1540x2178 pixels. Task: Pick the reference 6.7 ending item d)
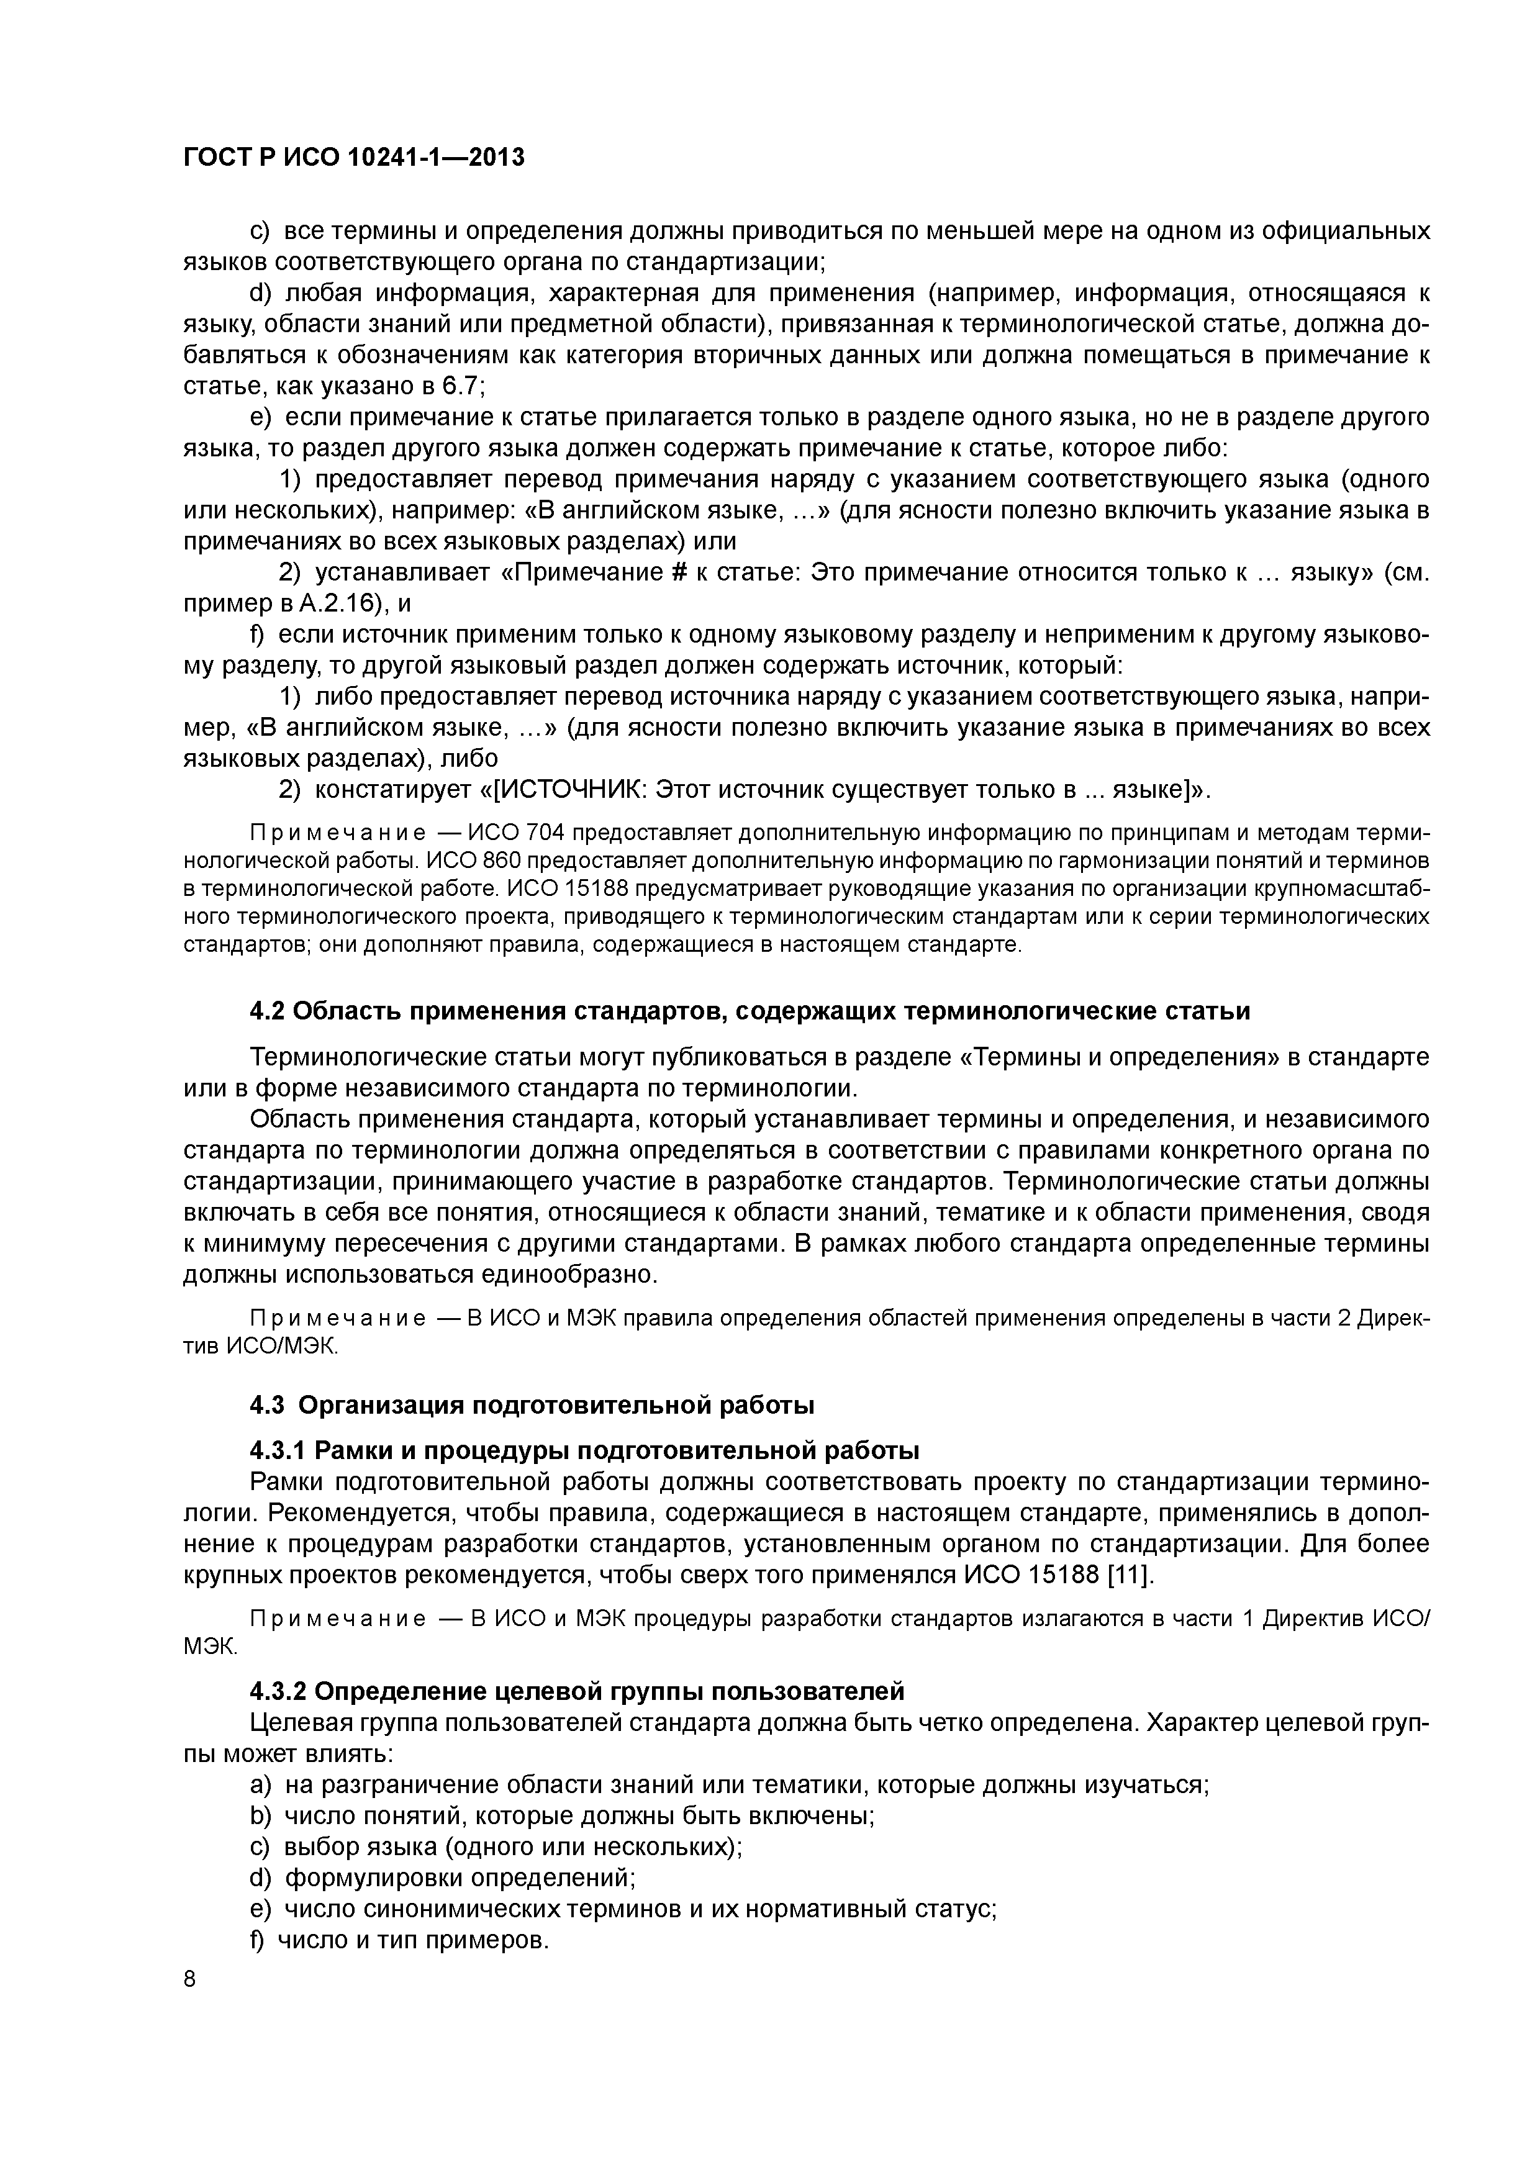[461, 386]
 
